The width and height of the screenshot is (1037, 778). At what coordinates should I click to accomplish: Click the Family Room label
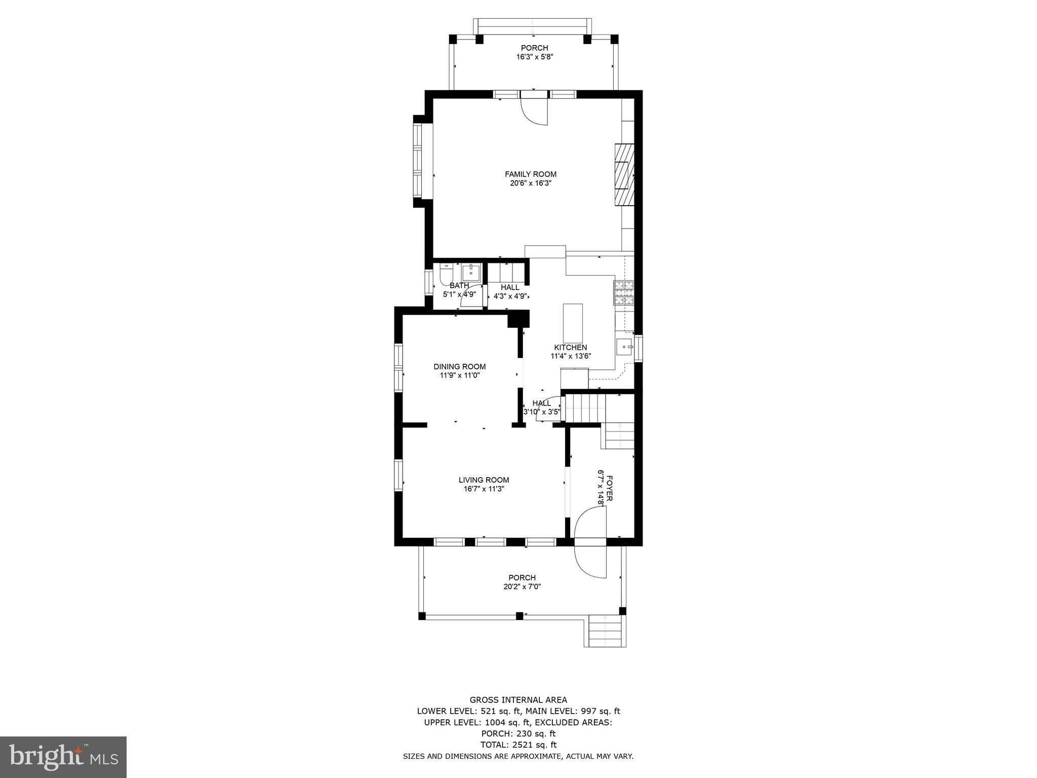pos(530,174)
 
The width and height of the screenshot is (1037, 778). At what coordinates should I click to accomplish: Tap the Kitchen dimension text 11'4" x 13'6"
pos(571,356)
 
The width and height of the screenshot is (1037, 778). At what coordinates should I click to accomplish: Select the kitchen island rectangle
pos(573,323)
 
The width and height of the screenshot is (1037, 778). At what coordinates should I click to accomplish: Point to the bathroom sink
pos(471,273)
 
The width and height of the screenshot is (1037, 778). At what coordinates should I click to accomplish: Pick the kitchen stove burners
pos(624,293)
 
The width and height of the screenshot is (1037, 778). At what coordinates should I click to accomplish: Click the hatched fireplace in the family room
pos(624,175)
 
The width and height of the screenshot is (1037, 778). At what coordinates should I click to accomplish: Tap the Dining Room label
pos(459,367)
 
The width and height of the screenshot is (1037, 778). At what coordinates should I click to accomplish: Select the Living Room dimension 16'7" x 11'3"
pos(484,489)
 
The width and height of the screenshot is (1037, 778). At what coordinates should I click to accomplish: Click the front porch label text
pos(522,577)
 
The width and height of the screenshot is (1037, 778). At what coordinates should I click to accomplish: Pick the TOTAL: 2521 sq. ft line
pos(518,745)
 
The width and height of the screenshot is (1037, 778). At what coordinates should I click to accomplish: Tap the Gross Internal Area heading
pos(518,700)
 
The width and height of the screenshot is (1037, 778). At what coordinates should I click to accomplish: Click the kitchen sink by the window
pos(625,347)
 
